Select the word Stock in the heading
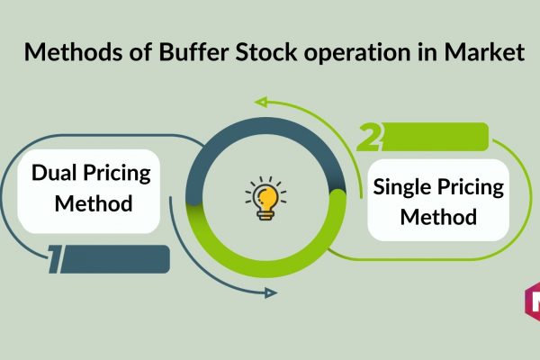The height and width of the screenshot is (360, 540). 266,52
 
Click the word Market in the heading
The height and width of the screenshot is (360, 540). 484,52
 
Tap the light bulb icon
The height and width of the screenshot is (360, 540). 265,198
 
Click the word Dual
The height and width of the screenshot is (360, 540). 53,172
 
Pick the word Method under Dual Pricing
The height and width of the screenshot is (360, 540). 94,203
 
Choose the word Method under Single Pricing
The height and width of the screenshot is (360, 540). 438,217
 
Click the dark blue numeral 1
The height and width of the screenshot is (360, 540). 56,259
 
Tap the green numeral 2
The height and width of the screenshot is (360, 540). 369,137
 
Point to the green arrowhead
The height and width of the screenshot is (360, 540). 261,102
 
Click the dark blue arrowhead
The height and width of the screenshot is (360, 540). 271,293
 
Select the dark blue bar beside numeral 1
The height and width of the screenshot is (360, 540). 115,259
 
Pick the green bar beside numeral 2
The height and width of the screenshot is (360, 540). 435,137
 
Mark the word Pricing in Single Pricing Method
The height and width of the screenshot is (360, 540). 471,188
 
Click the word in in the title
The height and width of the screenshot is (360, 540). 427,52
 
